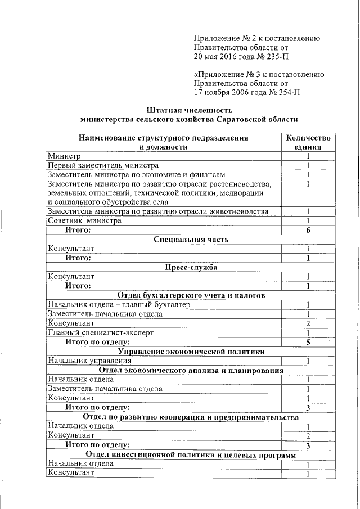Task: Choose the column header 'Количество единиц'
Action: point(308,142)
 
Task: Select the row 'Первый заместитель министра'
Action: point(103,165)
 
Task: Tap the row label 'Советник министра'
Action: point(84,221)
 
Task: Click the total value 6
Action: point(308,231)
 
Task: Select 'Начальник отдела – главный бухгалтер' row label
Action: point(119,304)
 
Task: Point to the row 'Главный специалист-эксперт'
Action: point(100,332)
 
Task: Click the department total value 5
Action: point(308,342)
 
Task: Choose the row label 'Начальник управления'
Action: point(89,361)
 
